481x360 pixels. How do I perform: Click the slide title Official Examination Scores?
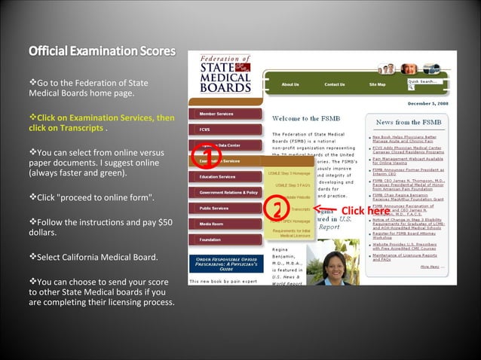(102, 52)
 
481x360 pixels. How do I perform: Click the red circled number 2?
(277, 209)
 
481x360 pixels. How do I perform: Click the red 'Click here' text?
(365, 210)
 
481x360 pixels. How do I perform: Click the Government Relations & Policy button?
(225, 193)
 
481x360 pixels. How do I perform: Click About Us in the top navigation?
(290, 84)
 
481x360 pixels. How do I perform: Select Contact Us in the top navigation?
(335, 84)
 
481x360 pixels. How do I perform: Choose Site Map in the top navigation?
(378, 84)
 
